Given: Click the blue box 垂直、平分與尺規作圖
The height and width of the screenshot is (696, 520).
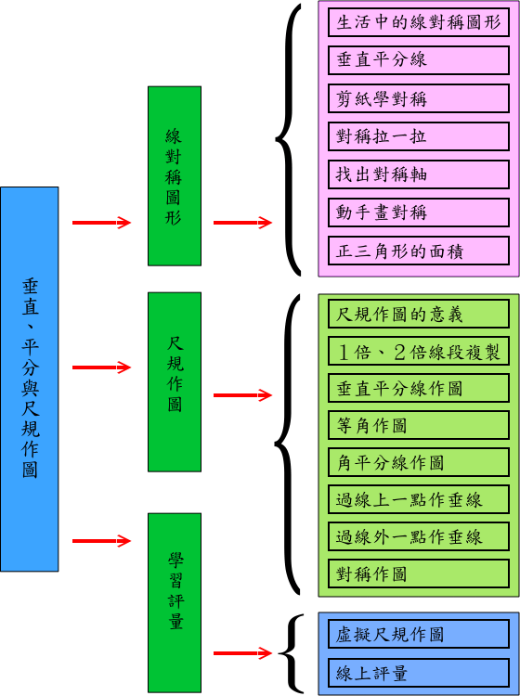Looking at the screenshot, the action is click(x=30, y=379).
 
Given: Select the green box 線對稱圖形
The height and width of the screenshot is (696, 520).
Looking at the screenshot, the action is click(x=175, y=176).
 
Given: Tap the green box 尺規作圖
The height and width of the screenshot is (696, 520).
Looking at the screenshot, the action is click(x=175, y=381).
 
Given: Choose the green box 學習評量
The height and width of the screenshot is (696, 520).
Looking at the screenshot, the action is click(x=175, y=603).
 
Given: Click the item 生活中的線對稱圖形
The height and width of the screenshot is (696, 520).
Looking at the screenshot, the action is click(x=418, y=22).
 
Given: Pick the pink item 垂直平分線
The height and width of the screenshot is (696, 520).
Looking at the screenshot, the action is click(x=418, y=60).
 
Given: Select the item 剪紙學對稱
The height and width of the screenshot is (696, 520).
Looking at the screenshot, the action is click(x=418, y=98).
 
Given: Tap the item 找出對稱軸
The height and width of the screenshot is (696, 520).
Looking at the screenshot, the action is click(x=418, y=174).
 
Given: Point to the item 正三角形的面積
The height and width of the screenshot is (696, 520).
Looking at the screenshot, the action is click(x=418, y=251).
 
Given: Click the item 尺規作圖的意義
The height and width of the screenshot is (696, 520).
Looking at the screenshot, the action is click(x=418, y=315).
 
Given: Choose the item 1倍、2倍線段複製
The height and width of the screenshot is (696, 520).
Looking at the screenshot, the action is click(x=418, y=351).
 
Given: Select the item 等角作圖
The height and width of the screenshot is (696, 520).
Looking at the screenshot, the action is click(x=418, y=425).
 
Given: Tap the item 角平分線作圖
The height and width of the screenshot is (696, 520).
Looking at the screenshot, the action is click(x=418, y=462).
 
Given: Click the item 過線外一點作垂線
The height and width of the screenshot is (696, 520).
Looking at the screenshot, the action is click(x=418, y=536).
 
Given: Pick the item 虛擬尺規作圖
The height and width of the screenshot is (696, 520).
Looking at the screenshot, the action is click(x=418, y=635).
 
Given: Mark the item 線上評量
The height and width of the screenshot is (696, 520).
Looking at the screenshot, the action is click(x=418, y=673).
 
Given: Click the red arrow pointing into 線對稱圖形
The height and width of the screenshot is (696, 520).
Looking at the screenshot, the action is click(x=102, y=223).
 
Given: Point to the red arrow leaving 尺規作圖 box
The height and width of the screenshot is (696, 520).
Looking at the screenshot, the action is click(x=243, y=395).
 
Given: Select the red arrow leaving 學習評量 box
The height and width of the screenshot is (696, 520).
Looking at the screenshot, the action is click(x=243, y=653).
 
